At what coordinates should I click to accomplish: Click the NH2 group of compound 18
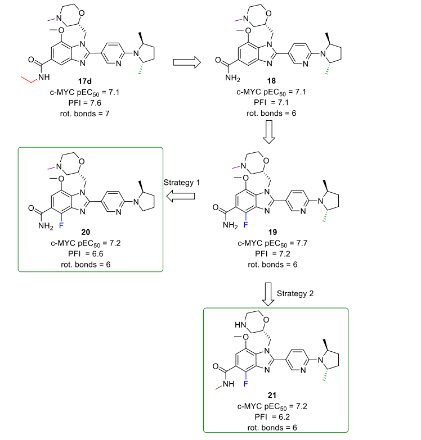pyautogui.click(x=226, y=81)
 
